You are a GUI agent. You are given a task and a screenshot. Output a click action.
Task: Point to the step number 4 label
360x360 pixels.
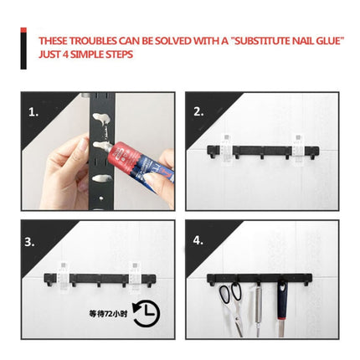198,240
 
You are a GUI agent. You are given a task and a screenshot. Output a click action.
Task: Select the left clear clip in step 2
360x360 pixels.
225,147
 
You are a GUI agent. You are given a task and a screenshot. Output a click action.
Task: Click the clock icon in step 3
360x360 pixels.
146,313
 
